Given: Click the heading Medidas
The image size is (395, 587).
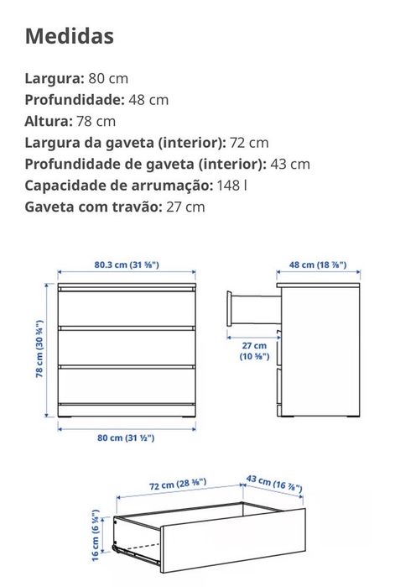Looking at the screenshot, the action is coord(70,36).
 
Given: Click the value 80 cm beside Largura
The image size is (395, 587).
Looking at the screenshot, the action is coord(108,78).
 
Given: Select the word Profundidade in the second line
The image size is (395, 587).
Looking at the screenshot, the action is coord(74,99).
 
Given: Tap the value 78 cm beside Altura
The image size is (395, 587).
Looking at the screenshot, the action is coord(96,121).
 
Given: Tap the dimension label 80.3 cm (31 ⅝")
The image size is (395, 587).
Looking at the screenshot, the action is coord(126,265).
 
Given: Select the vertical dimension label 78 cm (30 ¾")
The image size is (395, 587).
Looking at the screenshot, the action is coord(39,349).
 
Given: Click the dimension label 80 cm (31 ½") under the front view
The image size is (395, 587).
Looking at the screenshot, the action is coord(126,438).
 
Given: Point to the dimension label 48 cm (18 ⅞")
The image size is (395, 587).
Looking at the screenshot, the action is coord(319,265).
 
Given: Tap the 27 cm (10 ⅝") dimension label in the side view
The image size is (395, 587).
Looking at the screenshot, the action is coord(253,351).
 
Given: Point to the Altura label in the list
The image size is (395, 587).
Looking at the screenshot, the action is coord(49,121).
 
